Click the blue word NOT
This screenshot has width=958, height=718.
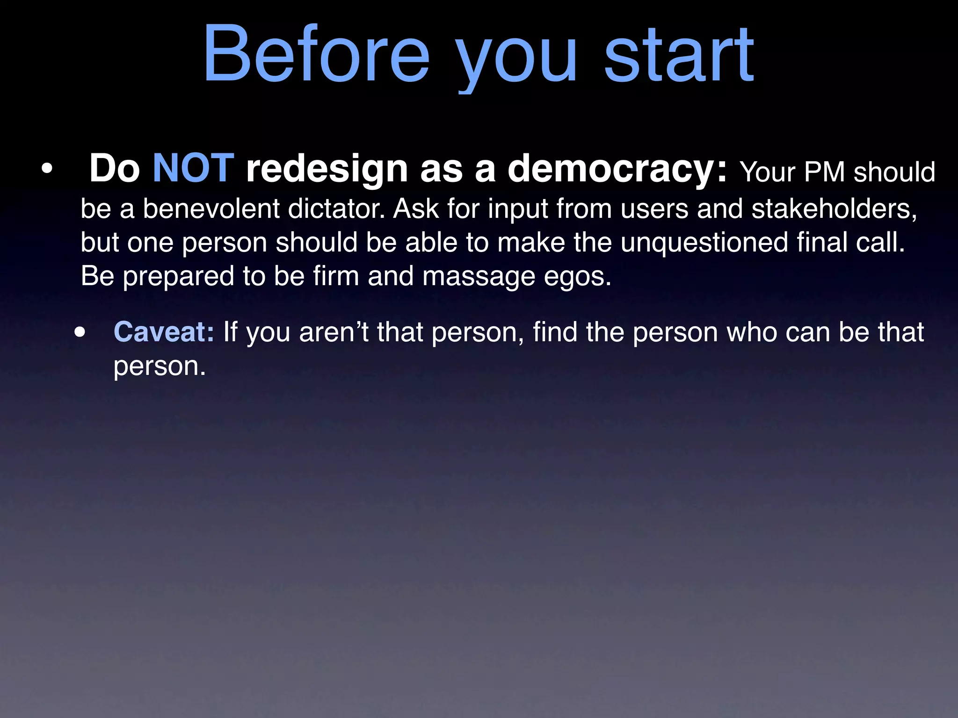point(193,168)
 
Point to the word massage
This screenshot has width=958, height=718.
point(479,277)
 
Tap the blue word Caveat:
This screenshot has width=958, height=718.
point(164,332)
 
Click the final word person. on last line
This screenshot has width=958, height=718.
point(160,367)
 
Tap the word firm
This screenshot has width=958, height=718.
point(336,276)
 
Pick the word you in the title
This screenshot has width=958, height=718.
point(517,58)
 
